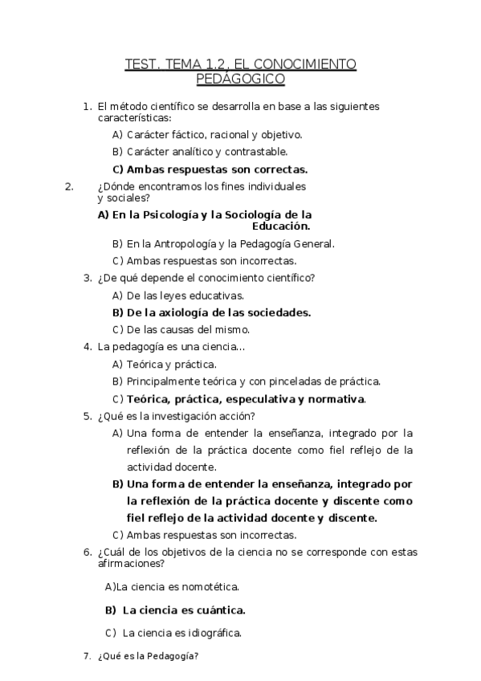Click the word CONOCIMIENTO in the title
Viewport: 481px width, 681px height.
click(308, 64)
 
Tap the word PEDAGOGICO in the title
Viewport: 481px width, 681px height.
click(241, 79)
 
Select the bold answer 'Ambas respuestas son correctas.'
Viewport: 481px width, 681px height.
click(218, 169)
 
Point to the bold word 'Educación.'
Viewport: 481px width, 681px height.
click(281, 226)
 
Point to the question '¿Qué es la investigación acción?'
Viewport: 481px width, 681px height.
click(176, 416)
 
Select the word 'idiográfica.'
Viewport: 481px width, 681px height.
click(214, 632)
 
